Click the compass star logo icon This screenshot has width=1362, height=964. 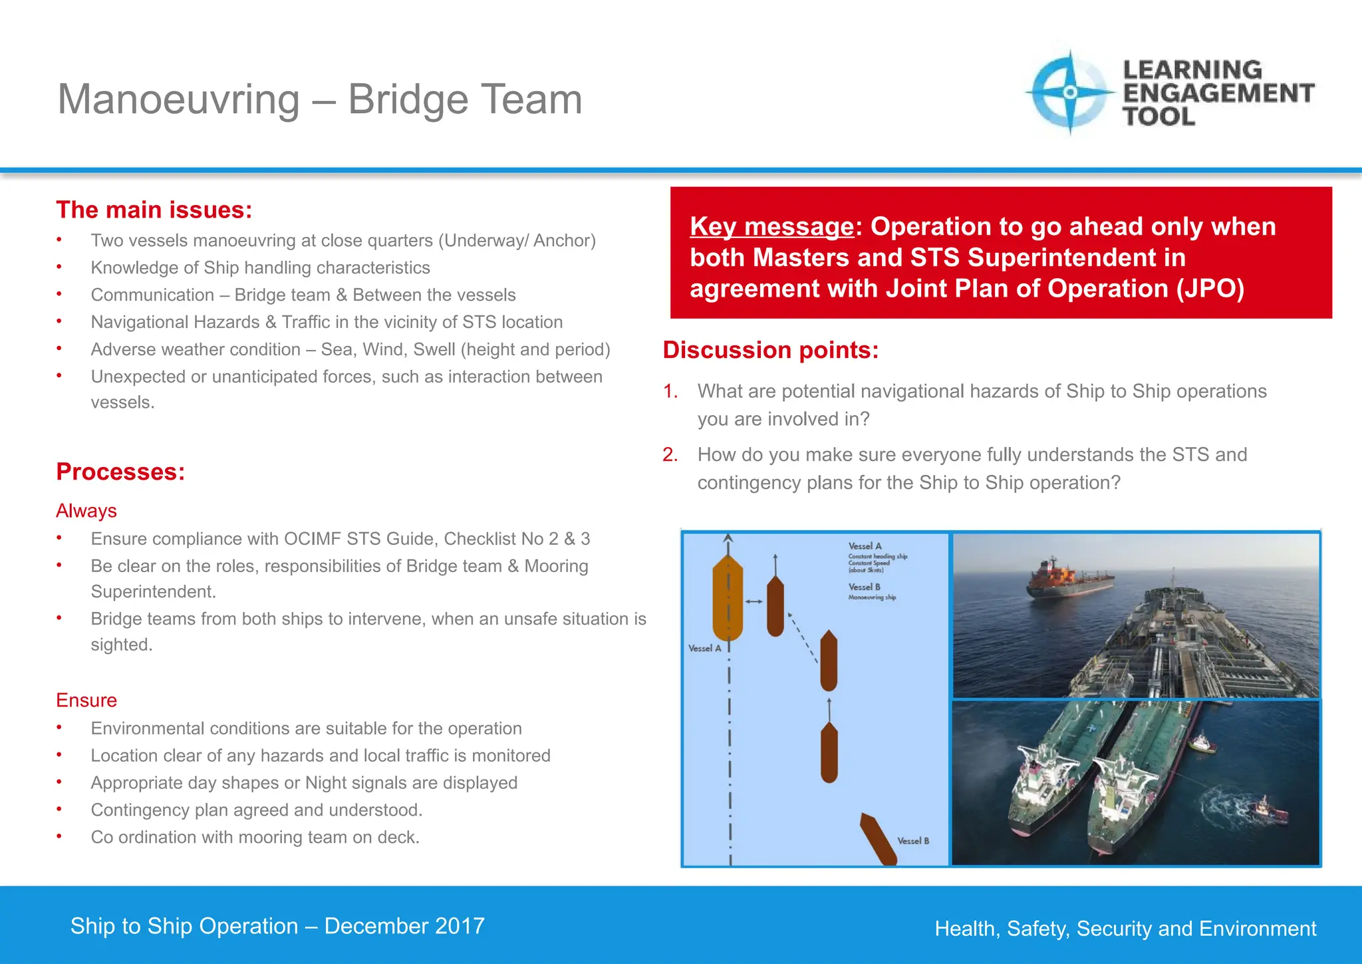(1069, 92)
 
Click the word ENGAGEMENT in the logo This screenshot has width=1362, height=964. (1218, 93)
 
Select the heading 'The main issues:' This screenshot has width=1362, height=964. (154, 210)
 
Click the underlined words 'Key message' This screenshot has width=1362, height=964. (771, 227)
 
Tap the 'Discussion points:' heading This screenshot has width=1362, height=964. (771, 350)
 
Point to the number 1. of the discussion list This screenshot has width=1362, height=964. (670, 391)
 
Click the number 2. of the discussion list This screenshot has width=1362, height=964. (670, 454)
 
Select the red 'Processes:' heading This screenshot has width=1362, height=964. (120, 472)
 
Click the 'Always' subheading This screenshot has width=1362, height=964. (86, 511)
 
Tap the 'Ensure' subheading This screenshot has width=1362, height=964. (86, 701)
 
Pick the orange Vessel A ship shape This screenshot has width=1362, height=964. (727, 597)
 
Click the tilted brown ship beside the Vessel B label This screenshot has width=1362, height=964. (878, 838)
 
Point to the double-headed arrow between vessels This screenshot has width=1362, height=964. (754, 601)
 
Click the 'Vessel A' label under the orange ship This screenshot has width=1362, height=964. (704, 649)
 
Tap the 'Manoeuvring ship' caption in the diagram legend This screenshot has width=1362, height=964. (872, 597)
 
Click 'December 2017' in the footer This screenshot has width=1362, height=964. (404, 926)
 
